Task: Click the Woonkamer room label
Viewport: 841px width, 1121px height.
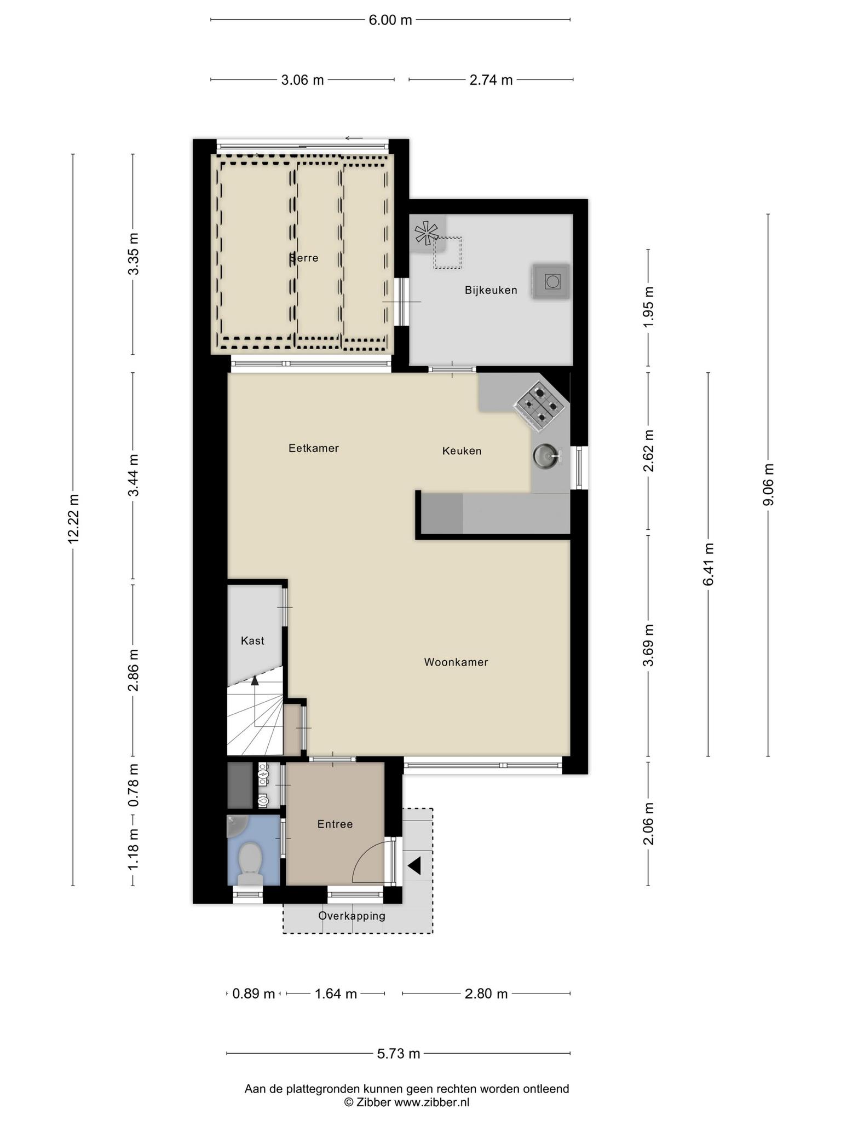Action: click(x=456, y=662)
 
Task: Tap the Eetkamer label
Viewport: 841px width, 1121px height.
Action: click(x=314, y=448)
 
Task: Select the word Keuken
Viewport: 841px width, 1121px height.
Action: click(x=462, y=451)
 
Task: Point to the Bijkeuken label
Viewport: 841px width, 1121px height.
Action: click(x=491, y=290)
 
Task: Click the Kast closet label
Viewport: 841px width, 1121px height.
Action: click(x=252, y=640)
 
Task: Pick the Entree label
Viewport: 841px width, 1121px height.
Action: click(x=335, y=824)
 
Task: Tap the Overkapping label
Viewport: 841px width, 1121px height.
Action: click(x=352, y=916)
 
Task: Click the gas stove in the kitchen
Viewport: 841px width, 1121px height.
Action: click(x=539, y=406)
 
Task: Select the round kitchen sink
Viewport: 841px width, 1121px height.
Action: click(x=546, y=455)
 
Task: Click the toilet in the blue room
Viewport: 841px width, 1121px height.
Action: click(x=251, y=863)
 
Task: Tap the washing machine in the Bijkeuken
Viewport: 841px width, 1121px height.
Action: click(x=551, y=282)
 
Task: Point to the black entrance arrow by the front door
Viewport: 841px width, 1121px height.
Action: click(x=414, y=866)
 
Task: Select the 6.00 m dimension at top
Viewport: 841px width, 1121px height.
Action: click(x=390, y=20)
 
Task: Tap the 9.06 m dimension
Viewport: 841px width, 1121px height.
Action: click(x=769, y=485)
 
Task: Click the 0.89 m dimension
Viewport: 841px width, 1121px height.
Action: click(x=254, y=993)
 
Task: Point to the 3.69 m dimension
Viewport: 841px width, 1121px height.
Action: click(x=649, y=645)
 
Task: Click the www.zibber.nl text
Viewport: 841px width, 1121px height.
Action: click(x=432, y=1103)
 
